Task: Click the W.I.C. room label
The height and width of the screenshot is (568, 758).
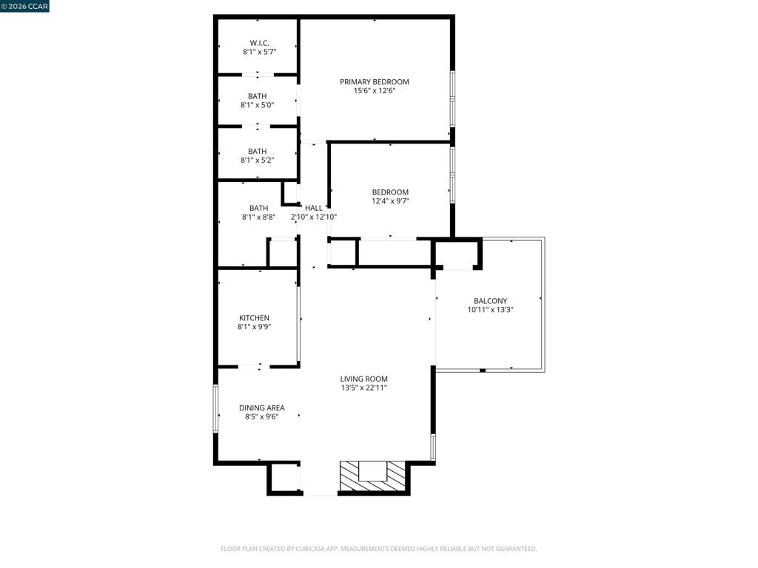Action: pyautogui.click(x=260, y=44)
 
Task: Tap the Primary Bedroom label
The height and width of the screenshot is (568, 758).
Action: pyautogui.click(x=374, y=82)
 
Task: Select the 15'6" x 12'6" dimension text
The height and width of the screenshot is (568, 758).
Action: pyautogui.click(x=375, y=91)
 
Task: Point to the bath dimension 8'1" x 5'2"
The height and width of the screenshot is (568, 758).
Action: pyautogui.click(x=257, y=160)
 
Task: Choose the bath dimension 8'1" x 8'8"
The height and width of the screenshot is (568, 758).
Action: pyautogui.click(x=258, y=217)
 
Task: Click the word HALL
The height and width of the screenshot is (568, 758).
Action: pyautogui.click(x=314, y=208)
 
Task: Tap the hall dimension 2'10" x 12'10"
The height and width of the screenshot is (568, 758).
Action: pyautogui.click(x=314, y=217)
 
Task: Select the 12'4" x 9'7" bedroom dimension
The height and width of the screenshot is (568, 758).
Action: pyautogui.click(x=390, y=201)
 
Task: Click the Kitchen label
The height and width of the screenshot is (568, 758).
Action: pyautogui.click(x=255, y=318)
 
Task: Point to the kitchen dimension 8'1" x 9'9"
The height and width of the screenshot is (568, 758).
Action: pyautogui.click(x=255, y=327)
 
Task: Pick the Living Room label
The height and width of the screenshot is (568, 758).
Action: pyautogui.click(x=363, y=379)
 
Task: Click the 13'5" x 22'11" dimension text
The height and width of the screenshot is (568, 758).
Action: pyautogui.click(x=364, y=388)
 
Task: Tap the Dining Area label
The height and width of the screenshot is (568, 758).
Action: pyautogui.click(x=261, y=408)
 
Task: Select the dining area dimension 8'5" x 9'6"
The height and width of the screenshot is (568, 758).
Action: pyautogui.click(x=261, y=417)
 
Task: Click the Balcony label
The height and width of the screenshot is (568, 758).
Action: pyautogui.click(x=490, y=301)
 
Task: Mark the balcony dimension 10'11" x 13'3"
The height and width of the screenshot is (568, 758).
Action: pyautogui.click(x=490, y=310)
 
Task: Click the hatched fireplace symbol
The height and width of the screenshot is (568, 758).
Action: pyautogui.click(x=372, y=476)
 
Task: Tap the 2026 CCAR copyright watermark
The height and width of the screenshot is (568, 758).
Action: pyautogui.click(x=24, y=6)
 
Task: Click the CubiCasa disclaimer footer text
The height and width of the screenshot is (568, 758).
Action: pyautogui.click(x=378, y=549)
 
